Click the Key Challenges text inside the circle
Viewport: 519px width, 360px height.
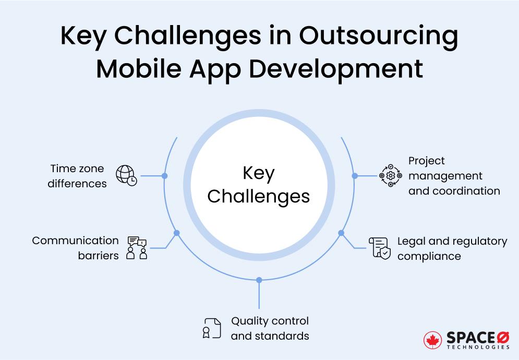258,185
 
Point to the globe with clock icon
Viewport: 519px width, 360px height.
126,176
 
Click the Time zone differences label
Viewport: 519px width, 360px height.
77,176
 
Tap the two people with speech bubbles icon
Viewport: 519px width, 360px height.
137,248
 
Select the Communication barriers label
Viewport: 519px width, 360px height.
76,248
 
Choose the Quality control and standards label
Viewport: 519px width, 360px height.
270,328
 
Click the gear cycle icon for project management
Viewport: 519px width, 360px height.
390,176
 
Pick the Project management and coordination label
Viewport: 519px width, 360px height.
453,176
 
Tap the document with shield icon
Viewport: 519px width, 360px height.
379,248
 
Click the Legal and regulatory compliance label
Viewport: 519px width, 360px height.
452,248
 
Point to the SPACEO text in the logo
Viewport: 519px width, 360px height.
477,338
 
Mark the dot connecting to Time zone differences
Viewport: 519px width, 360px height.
164,176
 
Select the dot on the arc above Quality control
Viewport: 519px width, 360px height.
259,280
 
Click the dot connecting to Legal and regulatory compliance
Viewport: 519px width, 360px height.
342,233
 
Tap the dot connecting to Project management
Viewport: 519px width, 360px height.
355,176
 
